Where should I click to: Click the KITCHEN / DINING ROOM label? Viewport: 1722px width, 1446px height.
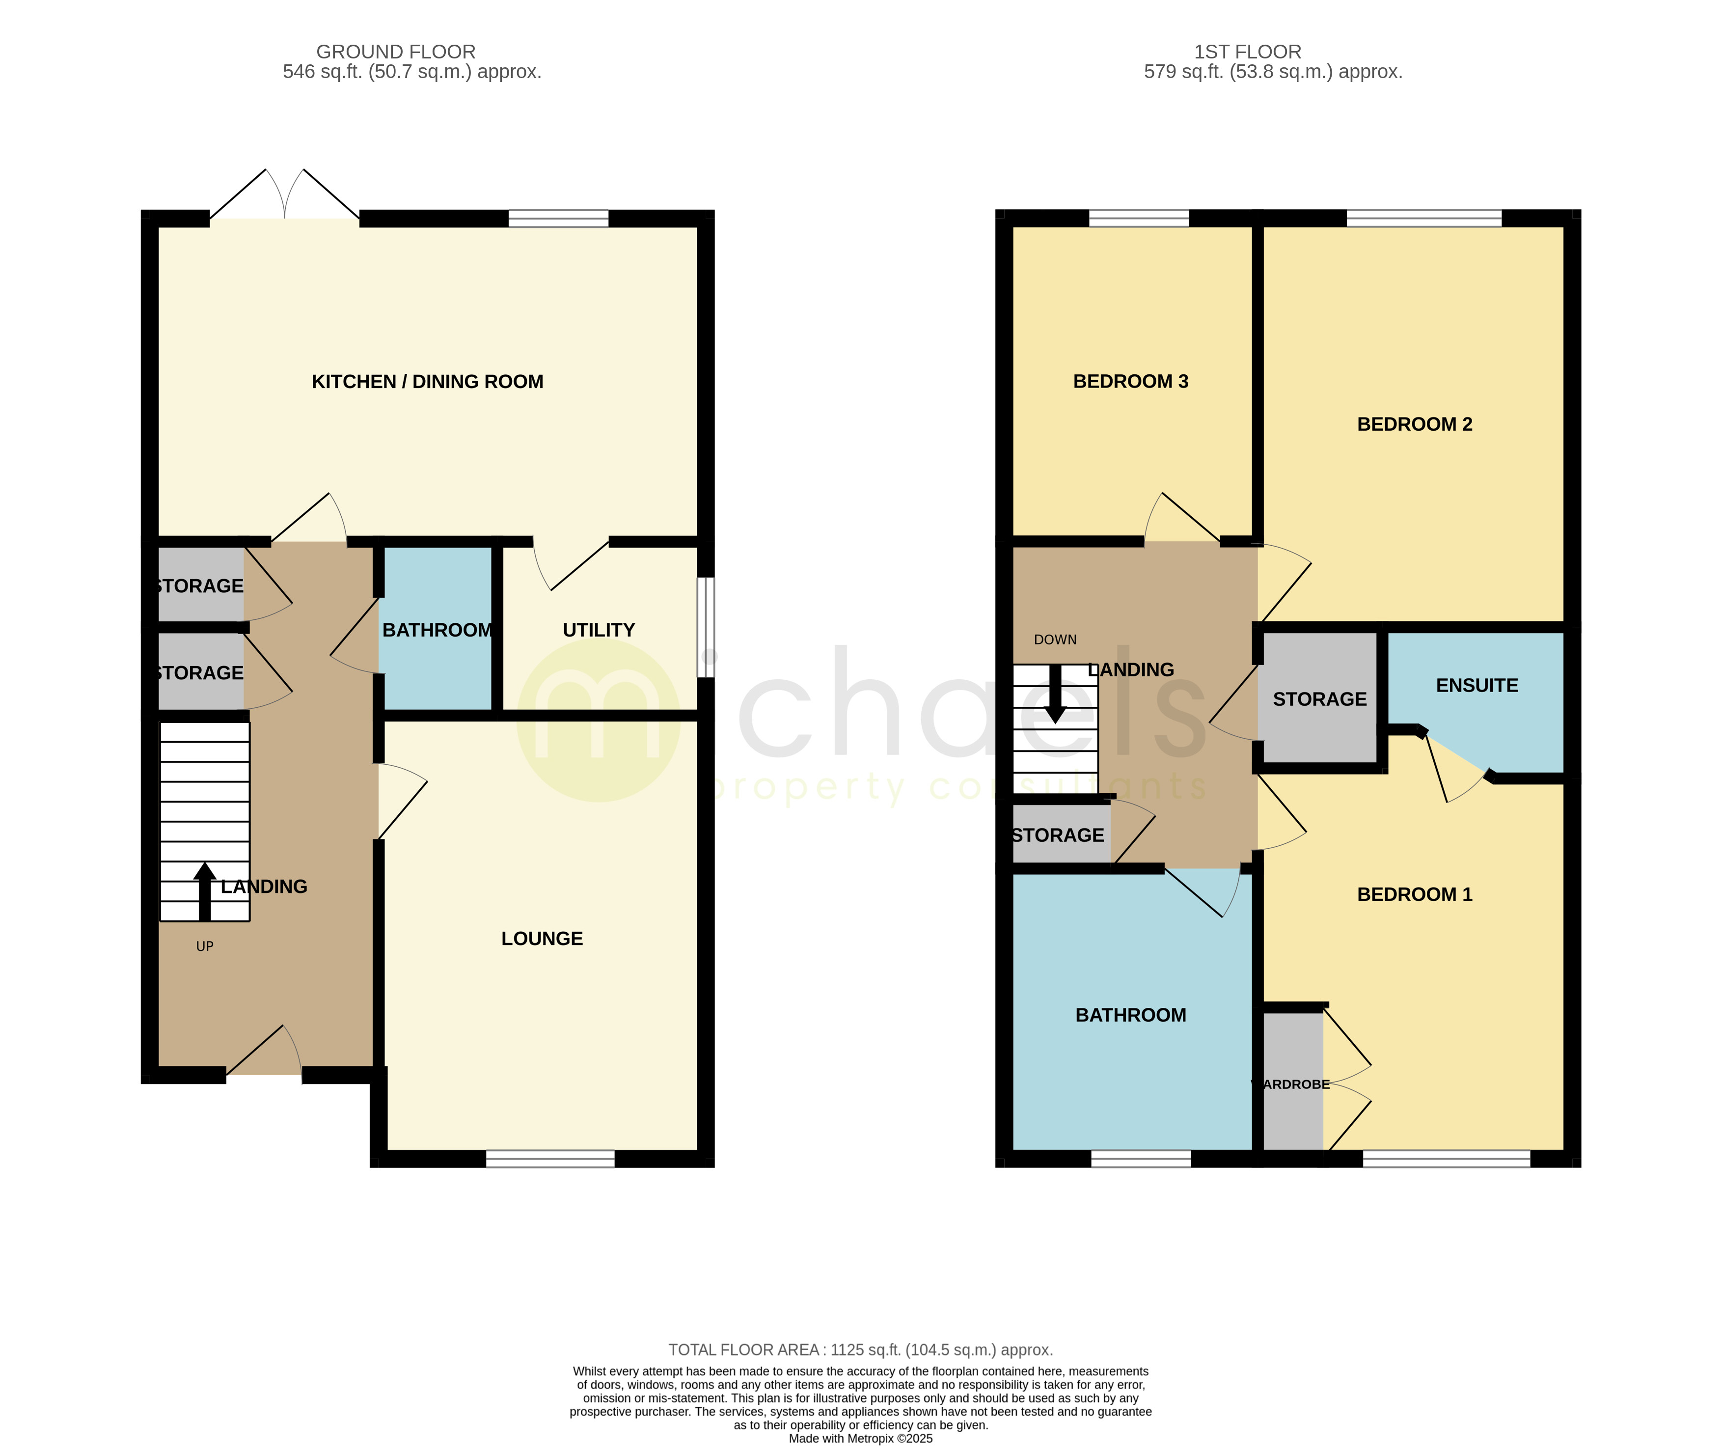[427, 381]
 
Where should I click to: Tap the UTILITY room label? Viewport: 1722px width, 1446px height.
[599, 630]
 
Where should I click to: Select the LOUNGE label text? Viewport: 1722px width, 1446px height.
[542, 938]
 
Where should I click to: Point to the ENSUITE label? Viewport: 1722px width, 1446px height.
[1477, 685]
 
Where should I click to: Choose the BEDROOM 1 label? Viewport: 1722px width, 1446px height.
[1415, 894]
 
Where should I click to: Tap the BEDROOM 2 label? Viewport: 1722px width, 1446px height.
[1415, 424]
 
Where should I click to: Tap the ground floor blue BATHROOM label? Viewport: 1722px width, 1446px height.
[437, 630]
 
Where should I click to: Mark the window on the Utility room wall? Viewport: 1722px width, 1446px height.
[705, 627]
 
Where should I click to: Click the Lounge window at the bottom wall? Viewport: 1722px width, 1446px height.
[550, 1158]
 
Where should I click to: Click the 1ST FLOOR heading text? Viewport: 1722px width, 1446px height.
[1247, 52]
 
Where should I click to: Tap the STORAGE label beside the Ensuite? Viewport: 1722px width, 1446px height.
[1319, 699]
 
